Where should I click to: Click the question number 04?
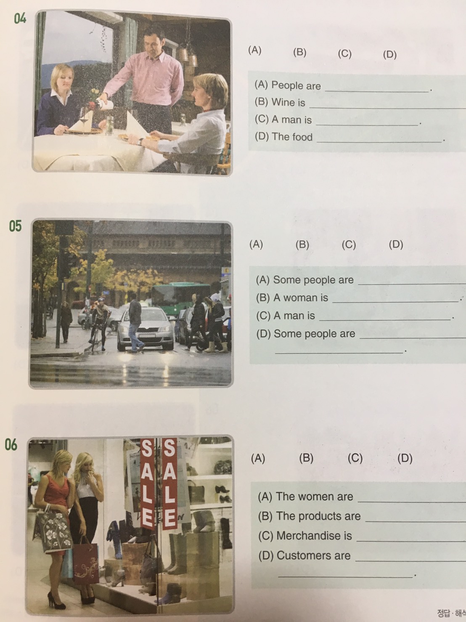tap(20, 19)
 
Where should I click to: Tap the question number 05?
tap(15, 226)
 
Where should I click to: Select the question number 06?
tap(11, 444)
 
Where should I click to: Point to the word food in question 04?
tap(302, 137)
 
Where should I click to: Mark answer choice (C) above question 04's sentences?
tap(344, 53)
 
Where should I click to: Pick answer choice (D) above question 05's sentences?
tap(396, 244)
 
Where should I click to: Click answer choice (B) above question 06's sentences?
tap(306, 458)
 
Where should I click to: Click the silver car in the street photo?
tap(145, 328)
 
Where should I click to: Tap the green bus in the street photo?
tap(181, 295)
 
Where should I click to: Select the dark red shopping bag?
tap(86, 560)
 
